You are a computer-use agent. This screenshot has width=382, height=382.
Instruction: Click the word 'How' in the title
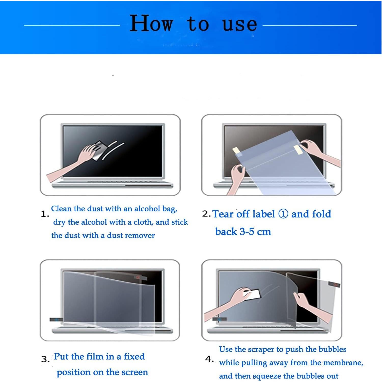[152, 23]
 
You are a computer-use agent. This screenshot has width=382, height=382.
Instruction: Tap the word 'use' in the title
[239, 24]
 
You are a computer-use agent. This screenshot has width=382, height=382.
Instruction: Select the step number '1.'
[45, 214]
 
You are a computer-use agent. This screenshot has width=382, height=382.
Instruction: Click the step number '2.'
[206, 214]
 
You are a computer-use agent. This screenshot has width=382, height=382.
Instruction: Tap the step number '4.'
[209, 359]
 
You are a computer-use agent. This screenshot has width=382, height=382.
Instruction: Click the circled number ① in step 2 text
[283, 214]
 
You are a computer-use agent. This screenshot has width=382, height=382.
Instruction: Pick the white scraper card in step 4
[252, 294]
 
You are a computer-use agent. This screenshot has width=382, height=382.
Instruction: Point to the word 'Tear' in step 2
[223, 214]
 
